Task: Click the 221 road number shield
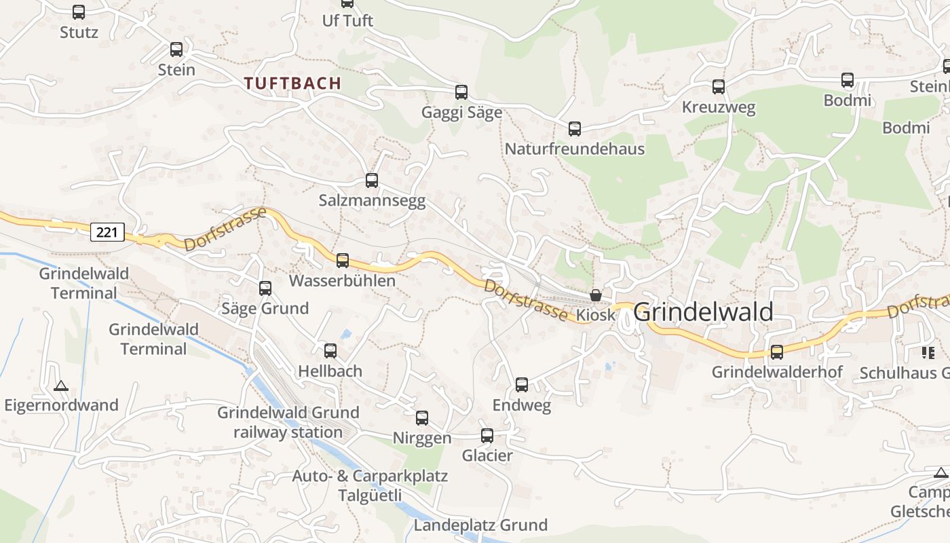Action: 107,232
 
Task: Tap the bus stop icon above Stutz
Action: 79,12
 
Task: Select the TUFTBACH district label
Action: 292,83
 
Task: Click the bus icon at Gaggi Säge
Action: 461,92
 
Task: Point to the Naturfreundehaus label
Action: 574,149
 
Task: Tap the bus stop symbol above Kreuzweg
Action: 719,87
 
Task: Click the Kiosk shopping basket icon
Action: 596,295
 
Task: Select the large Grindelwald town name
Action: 703,312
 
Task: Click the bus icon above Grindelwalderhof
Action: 777,352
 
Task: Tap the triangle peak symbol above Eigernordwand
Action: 61,386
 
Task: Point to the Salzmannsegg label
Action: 372,201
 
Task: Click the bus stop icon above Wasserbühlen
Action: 343,260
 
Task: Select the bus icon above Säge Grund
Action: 265,288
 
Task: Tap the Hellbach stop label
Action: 330,371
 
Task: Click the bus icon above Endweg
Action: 522,385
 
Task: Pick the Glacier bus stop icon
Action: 487,436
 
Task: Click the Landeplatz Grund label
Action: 480,525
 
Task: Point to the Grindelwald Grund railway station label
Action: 288,422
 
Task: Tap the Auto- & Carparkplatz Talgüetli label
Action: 370,485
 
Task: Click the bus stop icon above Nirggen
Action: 422,418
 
